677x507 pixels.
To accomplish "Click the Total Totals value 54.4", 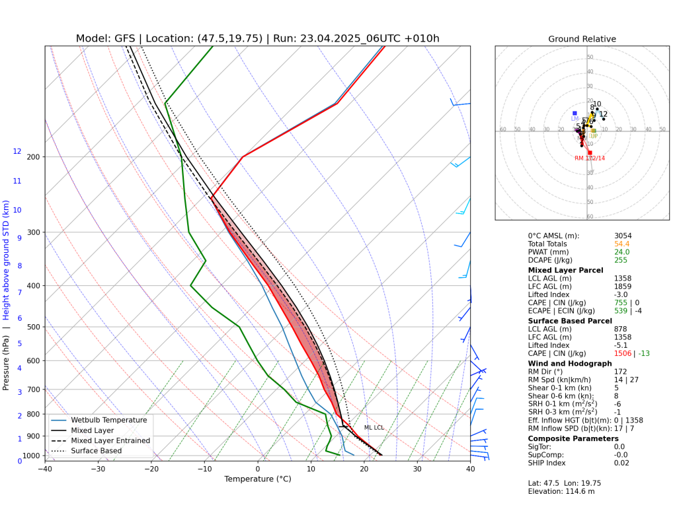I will [x=621, y=244].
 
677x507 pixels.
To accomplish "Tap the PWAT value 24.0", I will [x=621, y=252].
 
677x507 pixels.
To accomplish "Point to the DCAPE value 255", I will [x=619, y=260].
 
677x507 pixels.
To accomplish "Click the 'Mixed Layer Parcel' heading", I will [x=565, y=270].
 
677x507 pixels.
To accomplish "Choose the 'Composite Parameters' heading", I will [x=573, y=438].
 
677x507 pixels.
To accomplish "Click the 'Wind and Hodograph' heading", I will [x=570, y=363].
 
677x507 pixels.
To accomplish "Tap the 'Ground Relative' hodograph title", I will [x=582, y=39].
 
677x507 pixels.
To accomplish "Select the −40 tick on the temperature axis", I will [x=45, y=469].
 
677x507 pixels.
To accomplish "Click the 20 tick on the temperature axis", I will [x=364, y=469].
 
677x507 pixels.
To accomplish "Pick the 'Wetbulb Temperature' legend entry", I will [x=109, y=420].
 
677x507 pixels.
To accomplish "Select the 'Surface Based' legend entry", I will [x=97, y=451].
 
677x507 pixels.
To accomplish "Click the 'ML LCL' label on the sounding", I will [x=374, y=428].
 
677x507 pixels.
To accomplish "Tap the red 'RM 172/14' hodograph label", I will [x=590, y=158].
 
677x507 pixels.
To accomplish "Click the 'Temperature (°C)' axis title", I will [x=257, y=479].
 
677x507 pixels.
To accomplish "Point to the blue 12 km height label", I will [x=17, y=152].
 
